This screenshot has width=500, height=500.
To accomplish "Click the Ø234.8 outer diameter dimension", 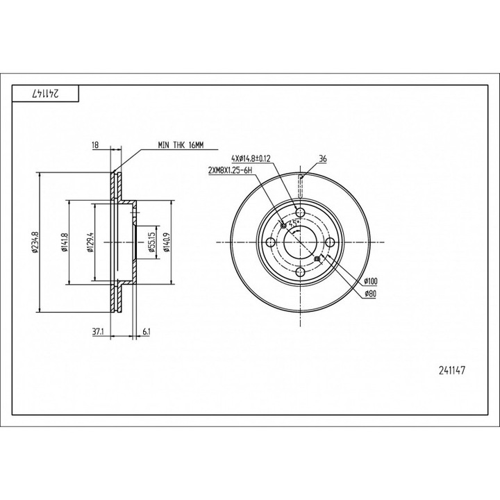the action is pos(35,242).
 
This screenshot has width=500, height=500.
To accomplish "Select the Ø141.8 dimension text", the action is pos(65,242).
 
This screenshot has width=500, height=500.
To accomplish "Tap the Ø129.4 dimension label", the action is pos(90,242).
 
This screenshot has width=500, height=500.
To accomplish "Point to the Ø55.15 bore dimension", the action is pos(152,242).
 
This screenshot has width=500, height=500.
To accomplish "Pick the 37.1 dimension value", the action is pos(98,332).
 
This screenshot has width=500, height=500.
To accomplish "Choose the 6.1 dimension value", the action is pos(147,332).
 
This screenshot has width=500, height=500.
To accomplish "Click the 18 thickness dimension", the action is pos(95,145).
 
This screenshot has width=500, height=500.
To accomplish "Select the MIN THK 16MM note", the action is pos(181,145).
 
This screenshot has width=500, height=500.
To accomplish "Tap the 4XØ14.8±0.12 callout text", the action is pos(251,158).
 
